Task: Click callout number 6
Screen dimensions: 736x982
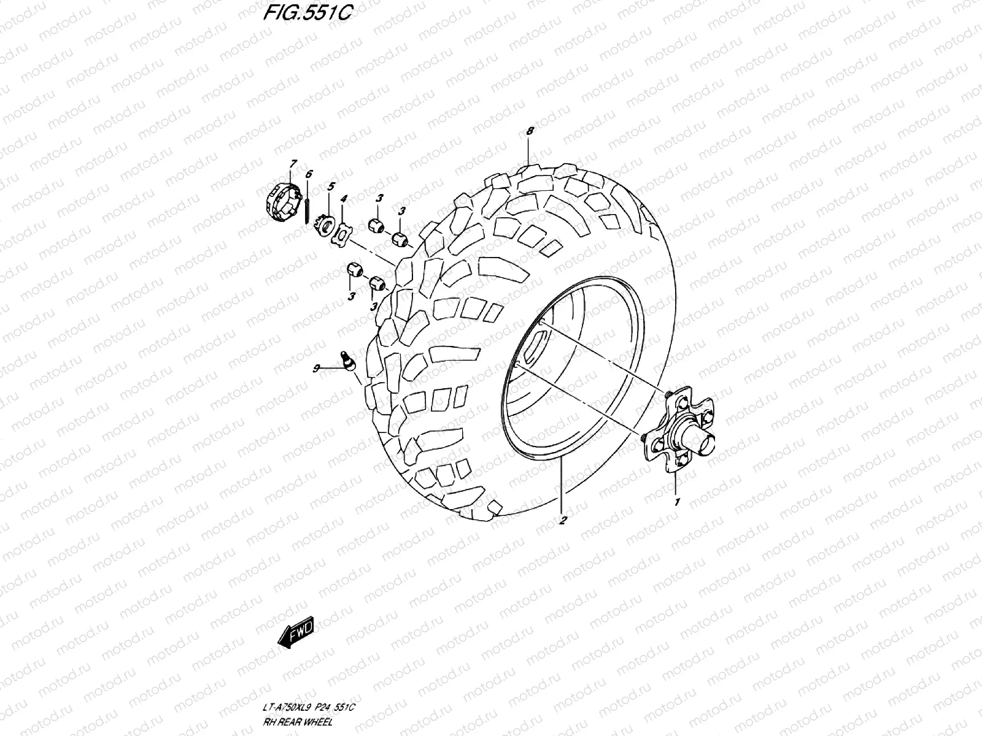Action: tap(309, 174)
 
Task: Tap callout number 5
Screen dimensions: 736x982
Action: tap(331, 185)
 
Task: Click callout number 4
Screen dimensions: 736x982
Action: tap(344, 199)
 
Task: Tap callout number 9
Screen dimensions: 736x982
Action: tap(317, 368)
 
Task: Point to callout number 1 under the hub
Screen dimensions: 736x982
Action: tap(677, 502)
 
